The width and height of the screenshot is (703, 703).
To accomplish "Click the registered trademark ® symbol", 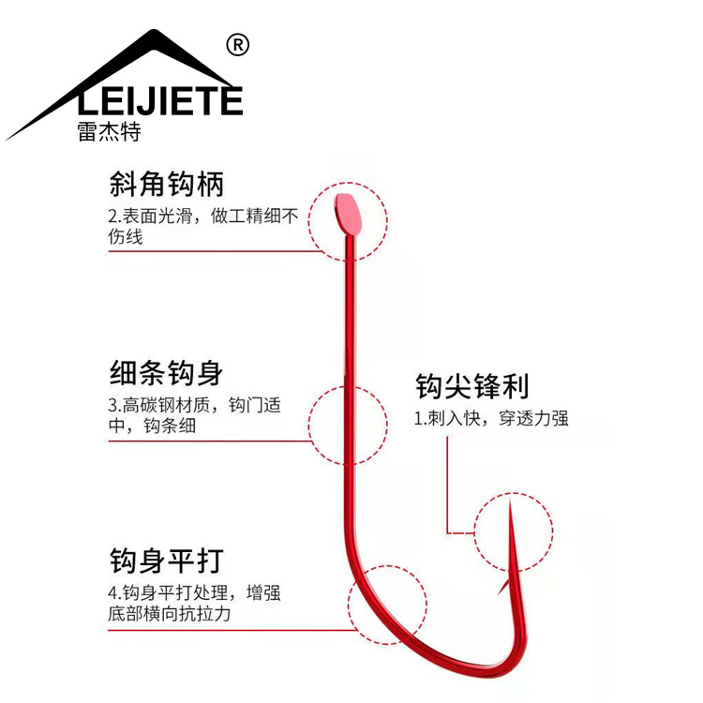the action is coord(238,44).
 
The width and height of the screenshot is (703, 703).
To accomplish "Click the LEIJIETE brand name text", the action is coord(158,99).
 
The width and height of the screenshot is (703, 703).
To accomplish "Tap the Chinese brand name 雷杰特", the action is coord(110,132).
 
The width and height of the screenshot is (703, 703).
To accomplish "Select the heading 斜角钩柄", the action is coord(166,183).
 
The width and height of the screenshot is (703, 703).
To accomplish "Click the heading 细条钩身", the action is coord(166,373).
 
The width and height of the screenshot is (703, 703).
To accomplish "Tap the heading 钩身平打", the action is coord(166,561).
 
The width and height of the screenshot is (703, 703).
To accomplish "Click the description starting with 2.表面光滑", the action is coord(202,227).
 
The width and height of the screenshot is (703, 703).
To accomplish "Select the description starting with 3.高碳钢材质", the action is coord(194,416).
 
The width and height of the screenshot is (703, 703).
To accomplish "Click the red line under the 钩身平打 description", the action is coord(225,630).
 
